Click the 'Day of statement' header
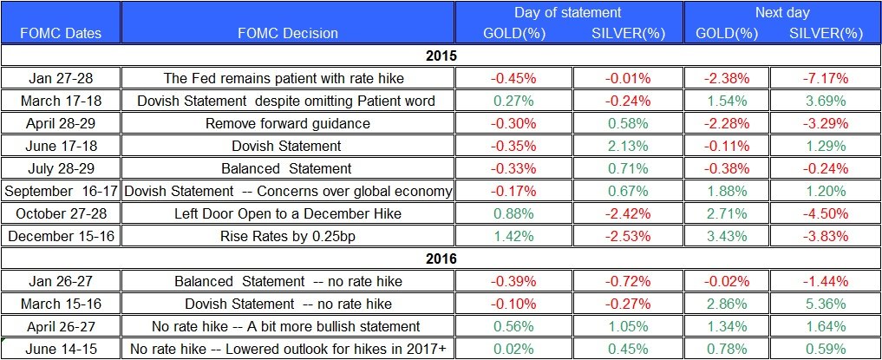pyautogui.click(x=568, y=12)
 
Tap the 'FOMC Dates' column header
pyautogui.click(x=60, y=33)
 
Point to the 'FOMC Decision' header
pyautogui.click(x=287, y=33)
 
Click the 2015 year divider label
pyautogui.click(x=441, y=56)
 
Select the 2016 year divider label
pyautogui.click(x=441, y=259)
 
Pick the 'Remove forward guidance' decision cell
pyautogui.click(x=287, y=123)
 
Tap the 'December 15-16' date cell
pyautogui.click(x=60, y=236)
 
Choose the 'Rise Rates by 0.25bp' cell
pyautogui.click(x=287, y=236)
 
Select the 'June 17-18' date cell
pyautogui.click(x=60, y=146)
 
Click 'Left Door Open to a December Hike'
pyautogui.click(x=287, y=213)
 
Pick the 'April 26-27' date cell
pyautogui.click(x=60, y=326)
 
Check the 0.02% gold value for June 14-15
pyautogui.click(x=514, y=349)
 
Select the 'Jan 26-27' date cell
pyautogui.click(x=60, y=281)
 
